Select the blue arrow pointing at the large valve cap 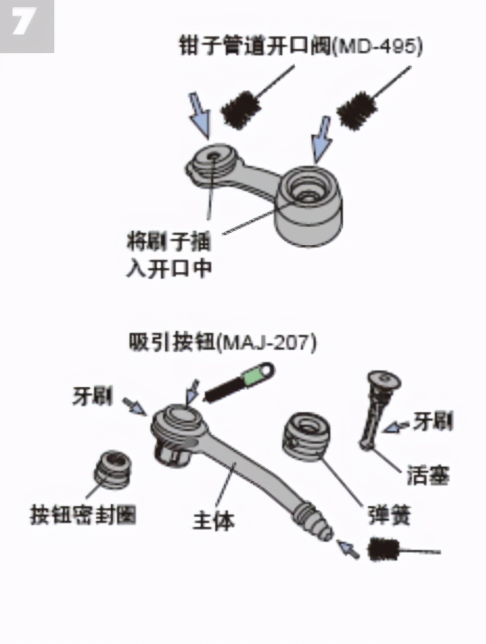pos(321,138)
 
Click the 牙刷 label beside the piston pos(432,421)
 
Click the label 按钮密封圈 pos(83,515)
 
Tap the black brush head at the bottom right pos(384,549)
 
